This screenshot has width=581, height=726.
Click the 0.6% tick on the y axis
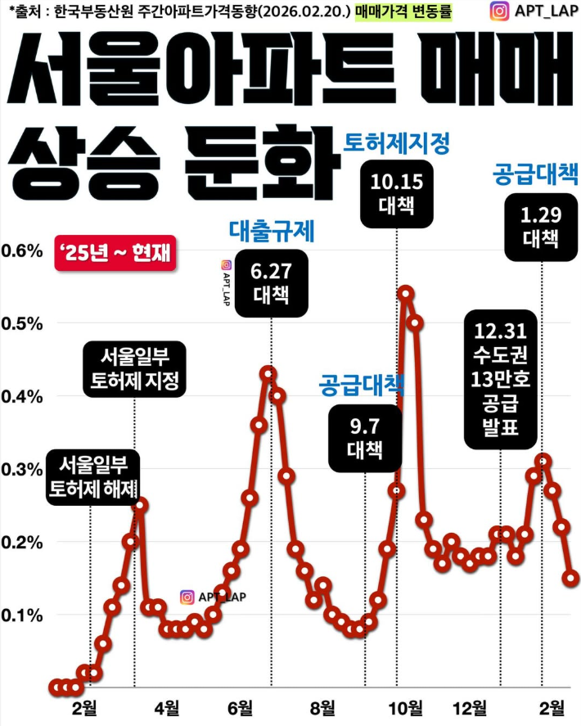(x=22, y=250)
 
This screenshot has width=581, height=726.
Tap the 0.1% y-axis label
(x=22, y=614)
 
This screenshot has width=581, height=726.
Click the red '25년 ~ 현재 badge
(x=113, y=253)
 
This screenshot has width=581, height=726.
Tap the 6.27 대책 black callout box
(x=272, y=283)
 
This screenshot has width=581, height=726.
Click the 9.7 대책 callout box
(x=364, y=437)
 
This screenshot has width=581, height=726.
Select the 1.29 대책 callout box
(x=540, y=227)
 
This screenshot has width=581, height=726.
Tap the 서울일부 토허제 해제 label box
(x=92, y=477)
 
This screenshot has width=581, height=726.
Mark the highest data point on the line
(x=405, y=293)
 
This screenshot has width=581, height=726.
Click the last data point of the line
(x=570, y=578)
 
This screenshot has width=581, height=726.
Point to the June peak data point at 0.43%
(x=268, y=373)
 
